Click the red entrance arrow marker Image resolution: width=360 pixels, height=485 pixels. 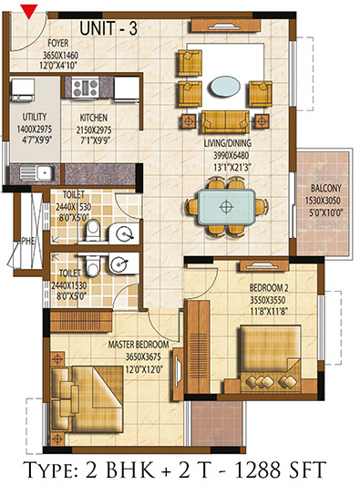pyautogui.click(x=29, y=11)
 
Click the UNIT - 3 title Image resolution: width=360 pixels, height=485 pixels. pyautogui.click(x=108, y=28)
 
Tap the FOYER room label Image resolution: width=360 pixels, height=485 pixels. pyautogui.click(x=58, y=44)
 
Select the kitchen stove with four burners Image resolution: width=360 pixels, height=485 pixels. pyautogui.click(x=86, y=88)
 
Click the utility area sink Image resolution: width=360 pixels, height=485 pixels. pyautogui.click(x=36, y=172)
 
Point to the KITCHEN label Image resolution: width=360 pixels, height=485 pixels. pyautogui.click(x=94, y=118)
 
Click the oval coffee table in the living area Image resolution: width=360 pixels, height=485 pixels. pyautogui.click(x=225, y=87)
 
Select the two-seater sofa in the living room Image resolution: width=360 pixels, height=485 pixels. pyautogui.click(x=225, y=121)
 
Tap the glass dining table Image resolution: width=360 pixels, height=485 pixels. pyautogui.click(x=226, y=207)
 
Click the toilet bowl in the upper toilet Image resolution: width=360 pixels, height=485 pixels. pyautogui.click(x=92, y=230)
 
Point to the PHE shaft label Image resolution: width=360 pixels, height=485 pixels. pyautogui.click(x=28, y=241)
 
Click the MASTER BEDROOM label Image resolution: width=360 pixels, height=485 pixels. pyautogui.click(x=139, y=345)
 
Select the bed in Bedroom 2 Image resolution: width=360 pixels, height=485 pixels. pyautogui.click(x=271, y=358)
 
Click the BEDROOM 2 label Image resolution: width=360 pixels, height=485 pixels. pyautogui.click(x=269, y=288)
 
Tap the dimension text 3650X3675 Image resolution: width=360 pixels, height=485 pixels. pyautogui.click(x=143, y=357)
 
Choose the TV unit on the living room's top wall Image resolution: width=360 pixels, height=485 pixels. pyautogui.click(x=225, y=26)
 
